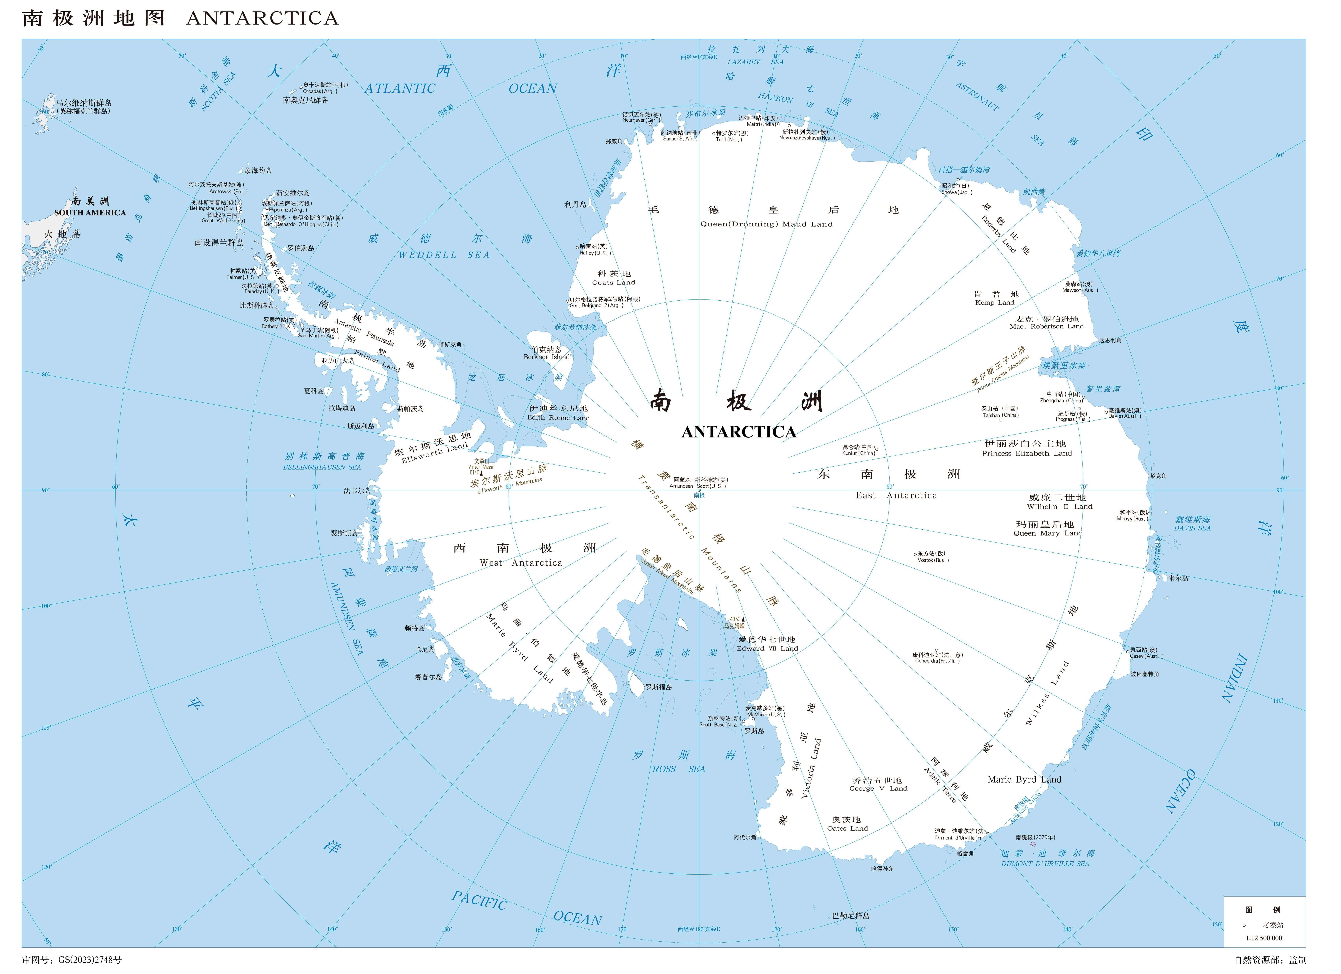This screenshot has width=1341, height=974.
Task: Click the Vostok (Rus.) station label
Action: [933, 557]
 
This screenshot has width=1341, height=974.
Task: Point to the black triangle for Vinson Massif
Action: [481, 473]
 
